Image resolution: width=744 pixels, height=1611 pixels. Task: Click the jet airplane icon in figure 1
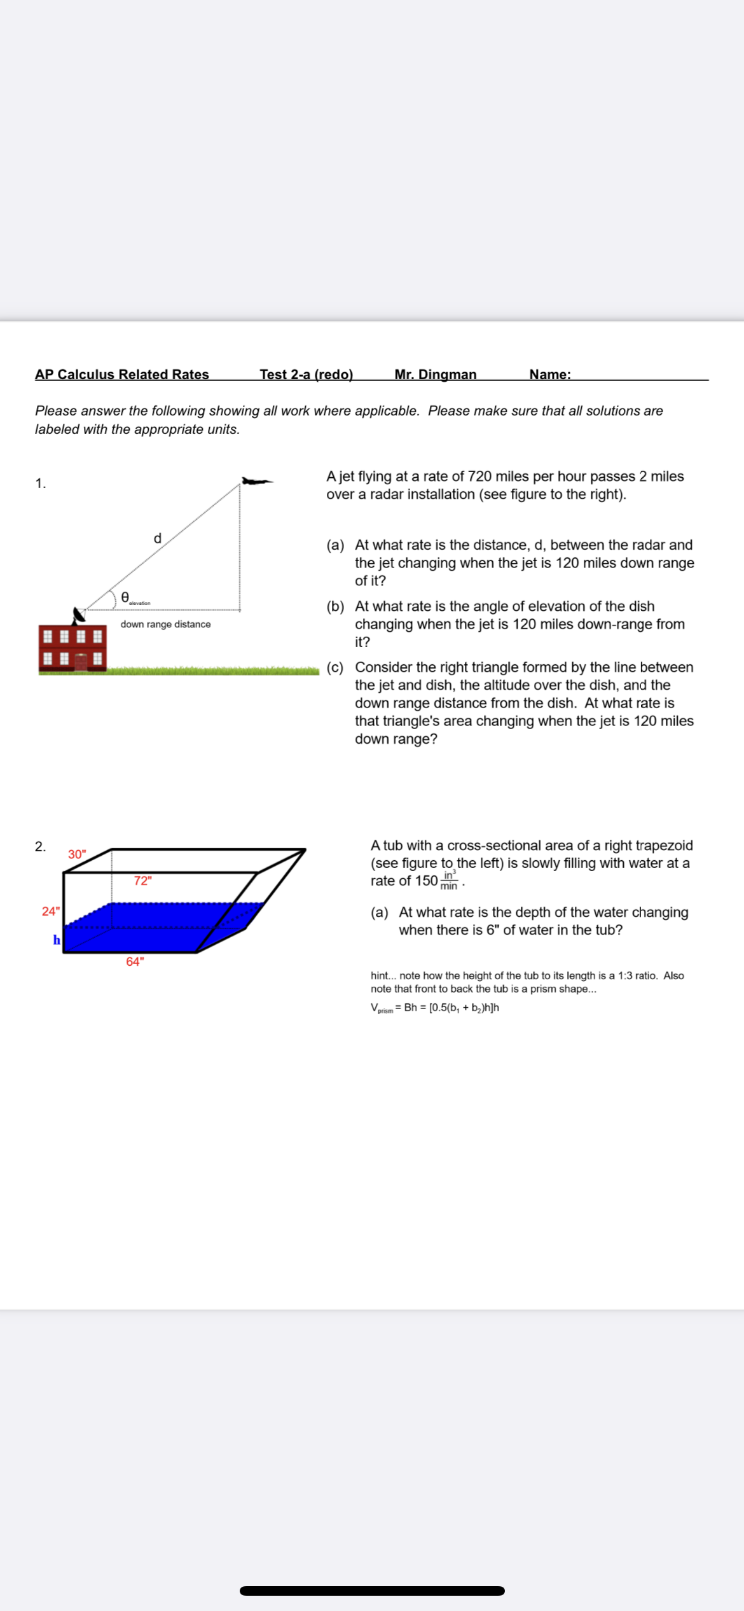(x=256, y=481)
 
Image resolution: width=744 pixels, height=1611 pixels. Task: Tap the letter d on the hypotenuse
(x=158, y=538)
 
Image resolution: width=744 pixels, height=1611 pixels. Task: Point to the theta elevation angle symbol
(x=126, y=597)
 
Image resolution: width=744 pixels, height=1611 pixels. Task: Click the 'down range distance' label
(x=165, y=624)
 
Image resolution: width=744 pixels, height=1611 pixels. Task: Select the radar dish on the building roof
(x=78, y=615)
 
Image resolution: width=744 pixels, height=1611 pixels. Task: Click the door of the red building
(x=81, y=661)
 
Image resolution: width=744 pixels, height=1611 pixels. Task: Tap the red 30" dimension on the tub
(x=77, y=854)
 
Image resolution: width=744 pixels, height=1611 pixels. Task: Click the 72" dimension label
(x=142, y=881)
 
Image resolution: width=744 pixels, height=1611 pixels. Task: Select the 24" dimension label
(x=50, y=911)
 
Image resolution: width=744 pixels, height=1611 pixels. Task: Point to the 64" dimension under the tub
(x=135, y=961)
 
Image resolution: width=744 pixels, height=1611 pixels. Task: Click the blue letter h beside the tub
(x=57, y=940)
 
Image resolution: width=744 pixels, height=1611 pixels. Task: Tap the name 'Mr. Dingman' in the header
(x=435, y=374)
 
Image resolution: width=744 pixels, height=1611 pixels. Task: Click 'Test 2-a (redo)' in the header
(x=306, y=374)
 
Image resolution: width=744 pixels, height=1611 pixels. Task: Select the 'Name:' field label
(x=549, y=374)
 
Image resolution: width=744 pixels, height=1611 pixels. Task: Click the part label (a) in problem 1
(x=335, y=545)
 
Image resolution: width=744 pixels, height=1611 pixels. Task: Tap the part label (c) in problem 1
(x=335, y=667)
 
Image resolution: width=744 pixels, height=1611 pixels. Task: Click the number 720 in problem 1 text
(x=479, y=476)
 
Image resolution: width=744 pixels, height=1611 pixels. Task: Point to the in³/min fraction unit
(x=449, y=881)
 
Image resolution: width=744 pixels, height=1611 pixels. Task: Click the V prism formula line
(x=434, y=1007)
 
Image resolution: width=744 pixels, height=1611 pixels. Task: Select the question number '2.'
(x=40, y=846)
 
